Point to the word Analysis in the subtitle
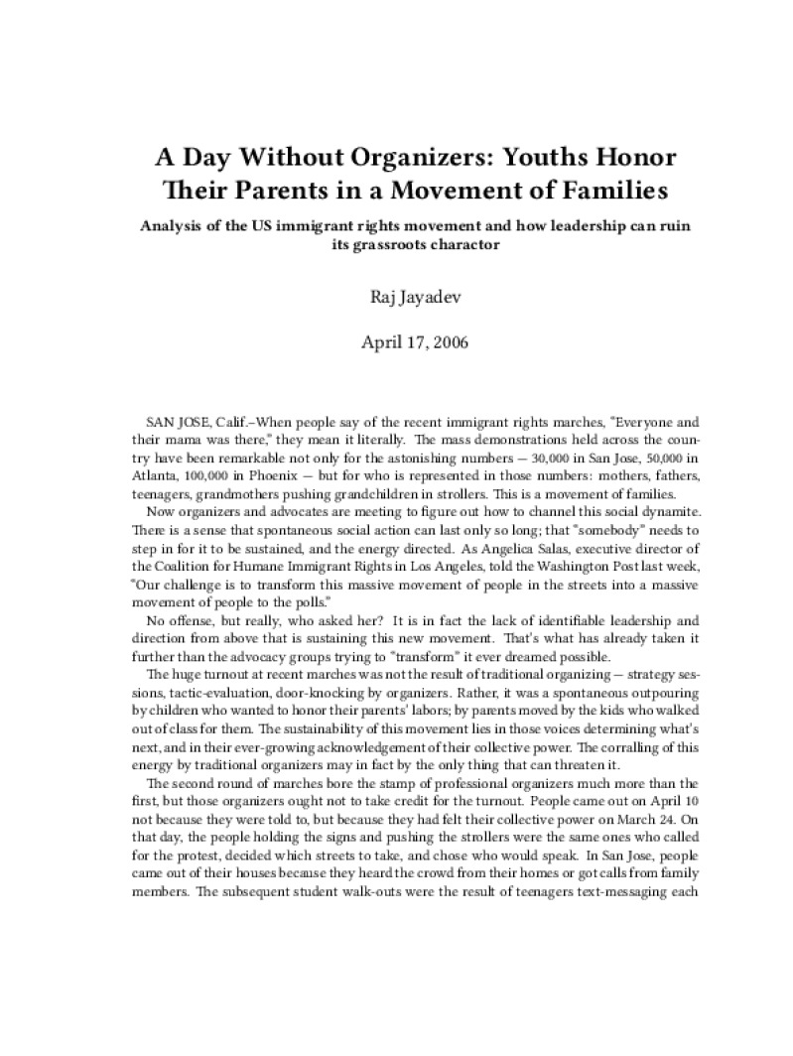(176, 225)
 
